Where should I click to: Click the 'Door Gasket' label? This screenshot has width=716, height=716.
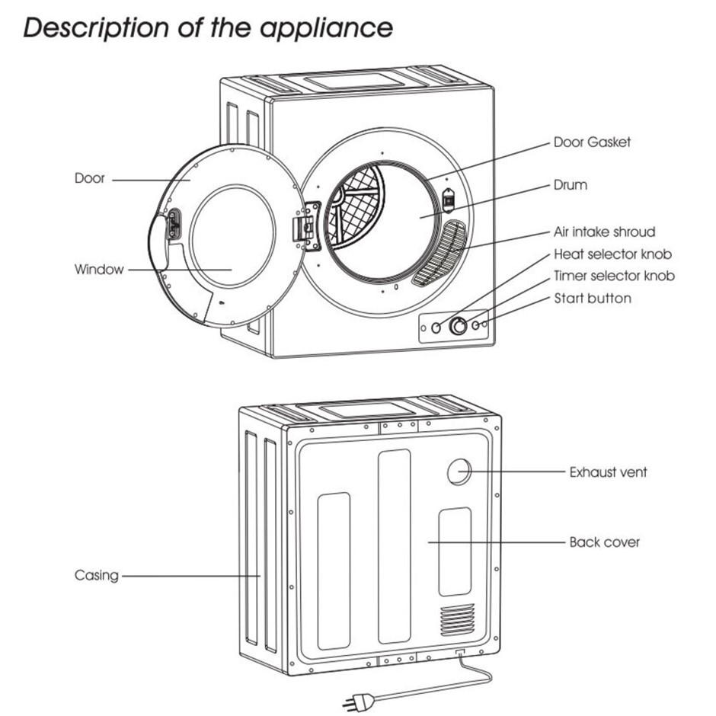[592, 142]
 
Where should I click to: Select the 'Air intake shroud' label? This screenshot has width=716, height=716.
[604, 232]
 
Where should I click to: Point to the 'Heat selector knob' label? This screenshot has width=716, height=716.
[612, 254]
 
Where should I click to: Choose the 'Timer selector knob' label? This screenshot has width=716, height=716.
[614, 276]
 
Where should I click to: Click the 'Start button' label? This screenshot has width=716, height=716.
[592, 298]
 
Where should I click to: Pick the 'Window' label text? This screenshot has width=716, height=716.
[98, 270]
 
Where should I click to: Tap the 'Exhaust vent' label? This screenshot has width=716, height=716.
[608, 472]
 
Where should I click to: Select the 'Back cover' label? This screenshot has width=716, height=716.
[604, 542]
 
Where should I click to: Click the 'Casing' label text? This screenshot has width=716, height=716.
[96, 575]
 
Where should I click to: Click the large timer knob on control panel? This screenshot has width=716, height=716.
[458, 327]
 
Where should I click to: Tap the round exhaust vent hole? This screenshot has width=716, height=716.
[459, 472]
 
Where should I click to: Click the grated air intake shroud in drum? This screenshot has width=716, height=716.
[439, 253]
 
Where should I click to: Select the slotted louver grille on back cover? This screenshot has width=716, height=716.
[457, 619]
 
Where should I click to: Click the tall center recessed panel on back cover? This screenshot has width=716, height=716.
[394, 545]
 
